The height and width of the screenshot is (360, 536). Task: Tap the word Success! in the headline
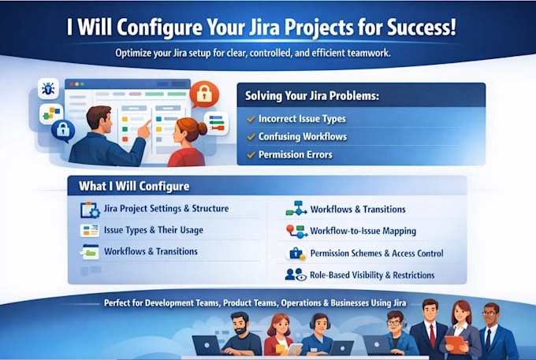click(x=422, y=27)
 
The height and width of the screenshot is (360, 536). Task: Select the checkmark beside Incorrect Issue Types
click(x=251, y=119)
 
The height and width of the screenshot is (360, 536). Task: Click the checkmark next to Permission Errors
click(x=251, y=154)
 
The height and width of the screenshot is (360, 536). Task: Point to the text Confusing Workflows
click(x=303, y=136)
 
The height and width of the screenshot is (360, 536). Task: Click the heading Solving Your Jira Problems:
click(x=312, y=95)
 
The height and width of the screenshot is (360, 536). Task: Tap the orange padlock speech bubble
click(x=204, y=94)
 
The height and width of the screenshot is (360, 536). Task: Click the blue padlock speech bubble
click(x=63, y=131)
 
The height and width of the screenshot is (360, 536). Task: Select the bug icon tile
click(x=48, y=88)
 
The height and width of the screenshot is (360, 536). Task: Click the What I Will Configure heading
click(x=134, y=186)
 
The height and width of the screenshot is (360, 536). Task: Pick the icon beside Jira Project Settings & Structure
click(x=90, y=210)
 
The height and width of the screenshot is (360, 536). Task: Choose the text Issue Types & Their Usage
click(x=154, y=230)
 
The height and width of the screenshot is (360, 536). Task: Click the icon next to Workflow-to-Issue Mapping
click(x=296, y=232)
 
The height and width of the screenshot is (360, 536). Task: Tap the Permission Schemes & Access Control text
click(x=377, y=253)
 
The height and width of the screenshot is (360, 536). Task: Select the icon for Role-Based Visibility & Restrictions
click(x=296, y=275)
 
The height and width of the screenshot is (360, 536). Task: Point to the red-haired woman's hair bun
click(x=202, y=128)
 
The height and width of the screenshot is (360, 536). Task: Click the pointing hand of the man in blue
click(x=144, y=129)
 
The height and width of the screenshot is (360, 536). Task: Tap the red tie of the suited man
click(x=433, y=336)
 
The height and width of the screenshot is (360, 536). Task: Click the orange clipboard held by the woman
click(x=456, y=344)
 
